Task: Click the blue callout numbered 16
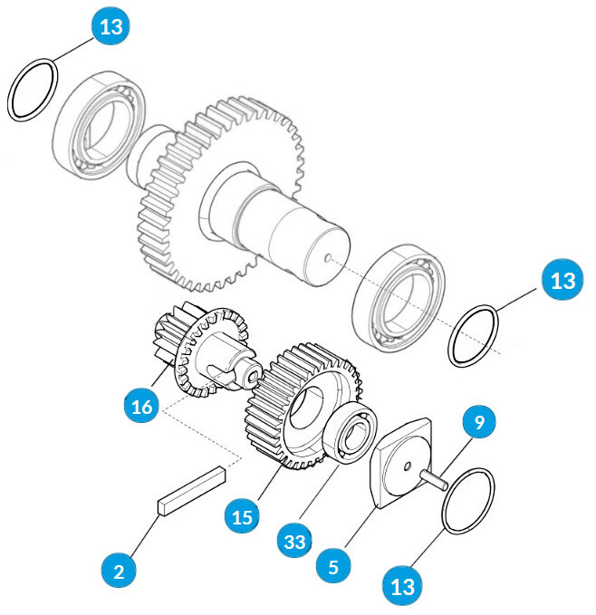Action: coord(142,407)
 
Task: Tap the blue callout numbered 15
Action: coord(242,517)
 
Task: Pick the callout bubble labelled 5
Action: coord(334,567)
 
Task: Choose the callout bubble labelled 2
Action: coord(119,572)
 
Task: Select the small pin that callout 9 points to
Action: coord(437,479)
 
